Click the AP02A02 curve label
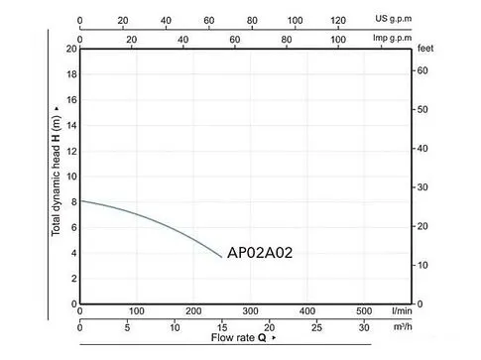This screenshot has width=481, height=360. pyautogui.click(x=260, y=252)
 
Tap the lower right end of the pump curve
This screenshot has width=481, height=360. pyautogui.click(x=222, y=257)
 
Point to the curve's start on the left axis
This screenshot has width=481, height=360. pyautogui.click(x=80, y=200)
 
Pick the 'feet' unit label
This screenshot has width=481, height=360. pyautogui.click(x=427, y=48)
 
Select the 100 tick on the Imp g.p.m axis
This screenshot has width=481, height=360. pyautogui.click(x=339, y=40)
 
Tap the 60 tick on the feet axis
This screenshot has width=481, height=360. pyautogui.click(x=421, y=70)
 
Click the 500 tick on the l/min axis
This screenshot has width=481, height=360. pyautogui.click(x=365, y=310)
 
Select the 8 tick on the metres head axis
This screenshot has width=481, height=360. pyautogui.click(x=70, y=201)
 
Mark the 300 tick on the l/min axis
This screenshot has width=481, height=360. pyautogui.click(x=251, y=310)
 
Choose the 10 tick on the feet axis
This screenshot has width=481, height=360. pyautogui.click(x=421, y=265)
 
